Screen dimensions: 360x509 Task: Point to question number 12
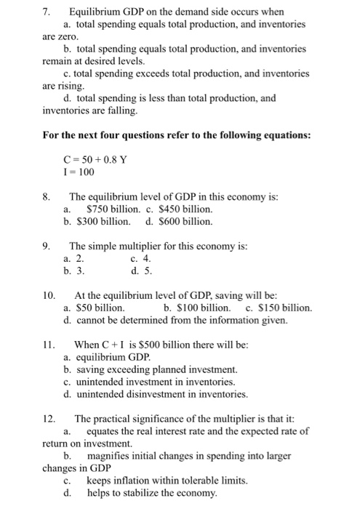click(x=49, y=419)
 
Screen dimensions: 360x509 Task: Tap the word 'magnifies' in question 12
click(x=110, y=456)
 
